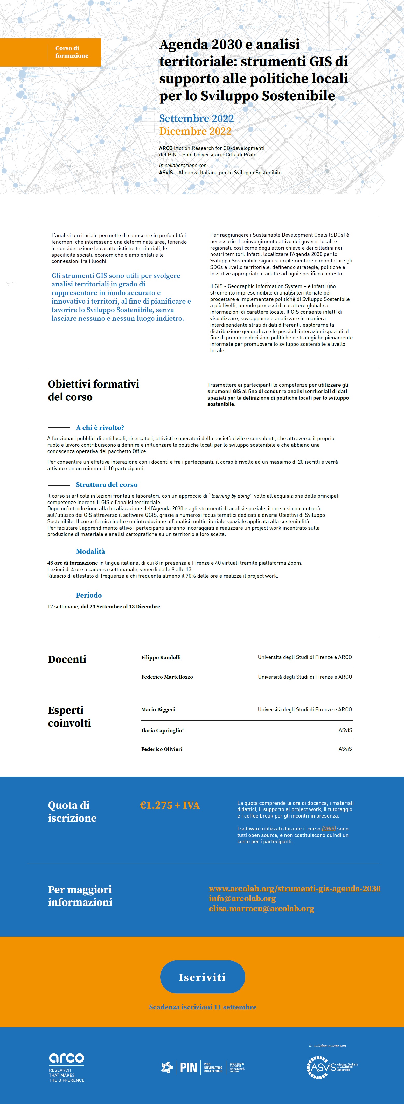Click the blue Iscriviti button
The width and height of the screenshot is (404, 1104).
point(203,977)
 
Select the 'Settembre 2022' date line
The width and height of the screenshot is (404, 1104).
point(196,118)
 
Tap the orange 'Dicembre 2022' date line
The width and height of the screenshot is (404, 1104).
point(195,131)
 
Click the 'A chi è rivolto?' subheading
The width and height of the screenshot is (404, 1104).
point(100,427)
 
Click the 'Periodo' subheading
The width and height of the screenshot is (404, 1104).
point(89,595)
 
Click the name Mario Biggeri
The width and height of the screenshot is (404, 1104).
point(158,709)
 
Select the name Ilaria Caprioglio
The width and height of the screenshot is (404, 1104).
point(163,730)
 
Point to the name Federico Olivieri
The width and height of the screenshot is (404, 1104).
point(162,749)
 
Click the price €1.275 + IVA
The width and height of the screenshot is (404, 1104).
point(170,805)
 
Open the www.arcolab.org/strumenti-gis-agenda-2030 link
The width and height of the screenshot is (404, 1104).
point(294,888)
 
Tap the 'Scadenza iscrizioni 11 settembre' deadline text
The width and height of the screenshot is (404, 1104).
point(203,1007)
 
